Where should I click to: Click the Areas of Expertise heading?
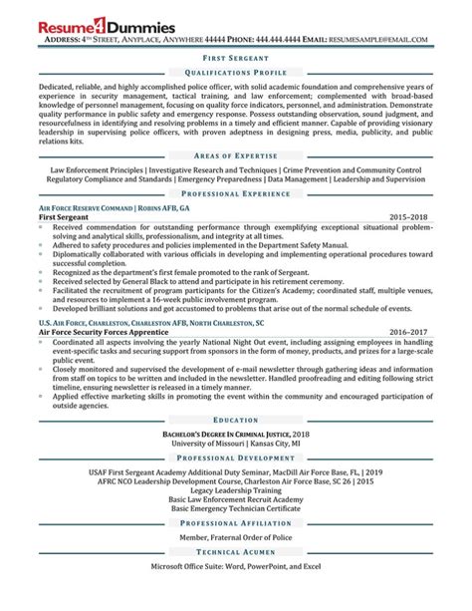236,157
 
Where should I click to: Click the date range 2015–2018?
410,216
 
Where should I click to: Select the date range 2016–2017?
410,330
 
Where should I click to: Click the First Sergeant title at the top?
236,59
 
